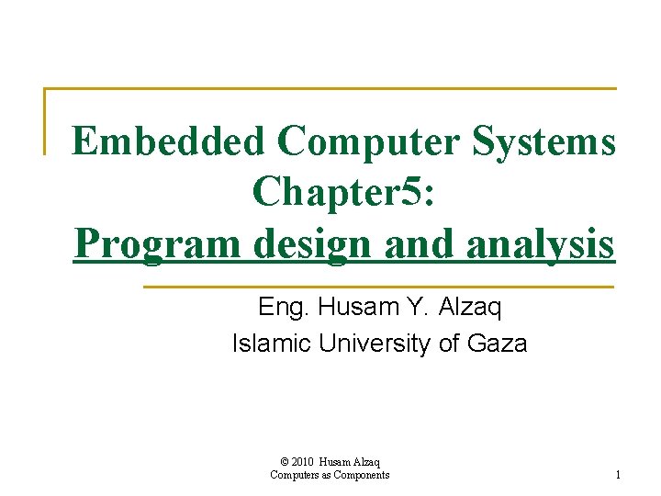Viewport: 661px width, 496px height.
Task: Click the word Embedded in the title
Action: click(x=168, y=141)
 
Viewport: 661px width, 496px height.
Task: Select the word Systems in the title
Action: click(x=544, y=141)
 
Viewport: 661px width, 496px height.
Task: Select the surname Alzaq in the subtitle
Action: click(x=470, y=307)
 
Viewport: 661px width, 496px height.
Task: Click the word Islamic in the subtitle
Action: click(x=272, y=344)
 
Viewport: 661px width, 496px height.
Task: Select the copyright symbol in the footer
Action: click(x=285, y=461)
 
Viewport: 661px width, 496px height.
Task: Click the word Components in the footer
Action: click(x=361, y=475)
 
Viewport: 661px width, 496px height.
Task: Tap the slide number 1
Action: click(x=618, y=475)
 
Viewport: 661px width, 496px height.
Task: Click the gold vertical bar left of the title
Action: click(x=45, y=120)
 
